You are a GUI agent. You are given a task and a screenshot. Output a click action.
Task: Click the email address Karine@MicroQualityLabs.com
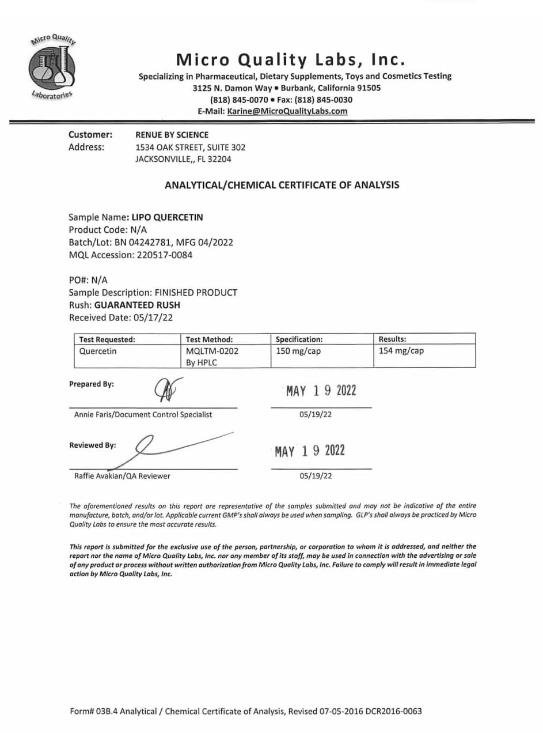287,111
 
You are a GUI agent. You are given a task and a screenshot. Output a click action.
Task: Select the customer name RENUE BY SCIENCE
172,135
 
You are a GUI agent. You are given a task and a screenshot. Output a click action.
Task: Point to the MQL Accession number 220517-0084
165,254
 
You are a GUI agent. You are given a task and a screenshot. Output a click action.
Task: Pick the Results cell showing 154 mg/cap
401,351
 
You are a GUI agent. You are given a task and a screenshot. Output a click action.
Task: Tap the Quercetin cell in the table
96,351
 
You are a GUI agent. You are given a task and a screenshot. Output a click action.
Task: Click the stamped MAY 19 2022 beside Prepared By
321,391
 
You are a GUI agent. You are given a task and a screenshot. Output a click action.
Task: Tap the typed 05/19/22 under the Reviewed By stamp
316,476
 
